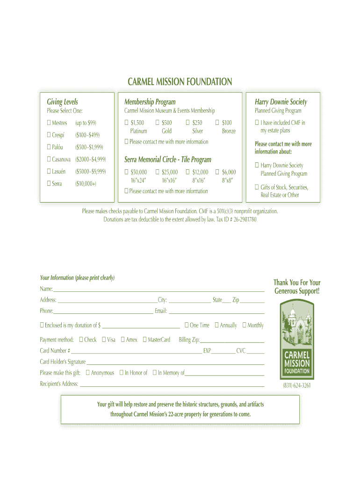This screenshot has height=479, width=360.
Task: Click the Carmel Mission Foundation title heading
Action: [180, 82]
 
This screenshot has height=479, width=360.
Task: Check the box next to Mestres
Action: [49, 123]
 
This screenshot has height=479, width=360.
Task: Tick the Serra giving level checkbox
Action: [49, 184]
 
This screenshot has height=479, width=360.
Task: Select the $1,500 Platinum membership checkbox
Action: [126, 123]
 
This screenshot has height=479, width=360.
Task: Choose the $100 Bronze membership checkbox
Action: [217, 123]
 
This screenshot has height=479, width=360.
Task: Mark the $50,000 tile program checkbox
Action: [126, 172]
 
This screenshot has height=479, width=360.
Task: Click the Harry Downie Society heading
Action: [281, 102]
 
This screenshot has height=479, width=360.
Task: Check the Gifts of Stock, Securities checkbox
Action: [257, 187]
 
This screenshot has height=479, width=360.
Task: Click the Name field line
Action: [159, 290]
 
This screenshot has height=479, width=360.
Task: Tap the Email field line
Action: [216, 312]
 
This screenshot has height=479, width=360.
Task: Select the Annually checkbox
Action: [216, 325]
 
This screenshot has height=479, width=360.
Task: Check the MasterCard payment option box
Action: [144, 340]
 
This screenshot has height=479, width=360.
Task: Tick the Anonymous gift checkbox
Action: [87, 373]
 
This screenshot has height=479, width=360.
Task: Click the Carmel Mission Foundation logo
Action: [297, 339]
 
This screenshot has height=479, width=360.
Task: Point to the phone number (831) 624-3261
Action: [297, 385]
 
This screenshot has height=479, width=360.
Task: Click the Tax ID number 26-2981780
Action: [241, 219]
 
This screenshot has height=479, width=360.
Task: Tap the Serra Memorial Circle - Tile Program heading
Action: [168, 160]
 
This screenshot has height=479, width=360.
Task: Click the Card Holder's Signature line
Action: [175, 362]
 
